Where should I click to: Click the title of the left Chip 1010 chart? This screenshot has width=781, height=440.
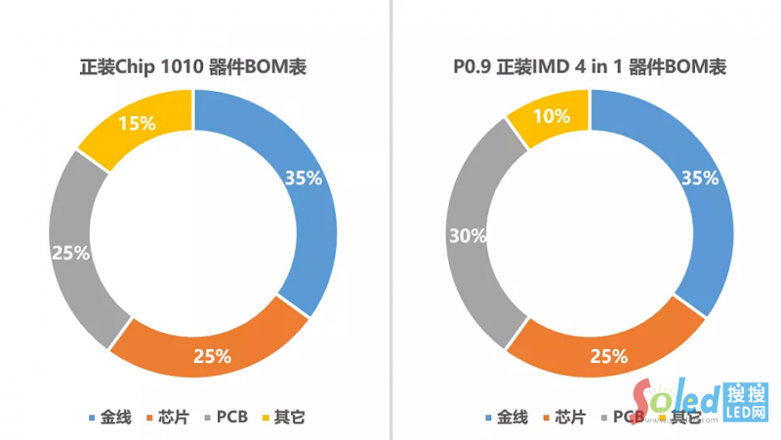coord(193,67)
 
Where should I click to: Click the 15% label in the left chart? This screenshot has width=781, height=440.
coord(137,123)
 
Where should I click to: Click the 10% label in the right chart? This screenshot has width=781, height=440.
coord(553,116)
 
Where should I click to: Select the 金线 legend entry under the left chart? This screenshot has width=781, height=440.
coord(109,417)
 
